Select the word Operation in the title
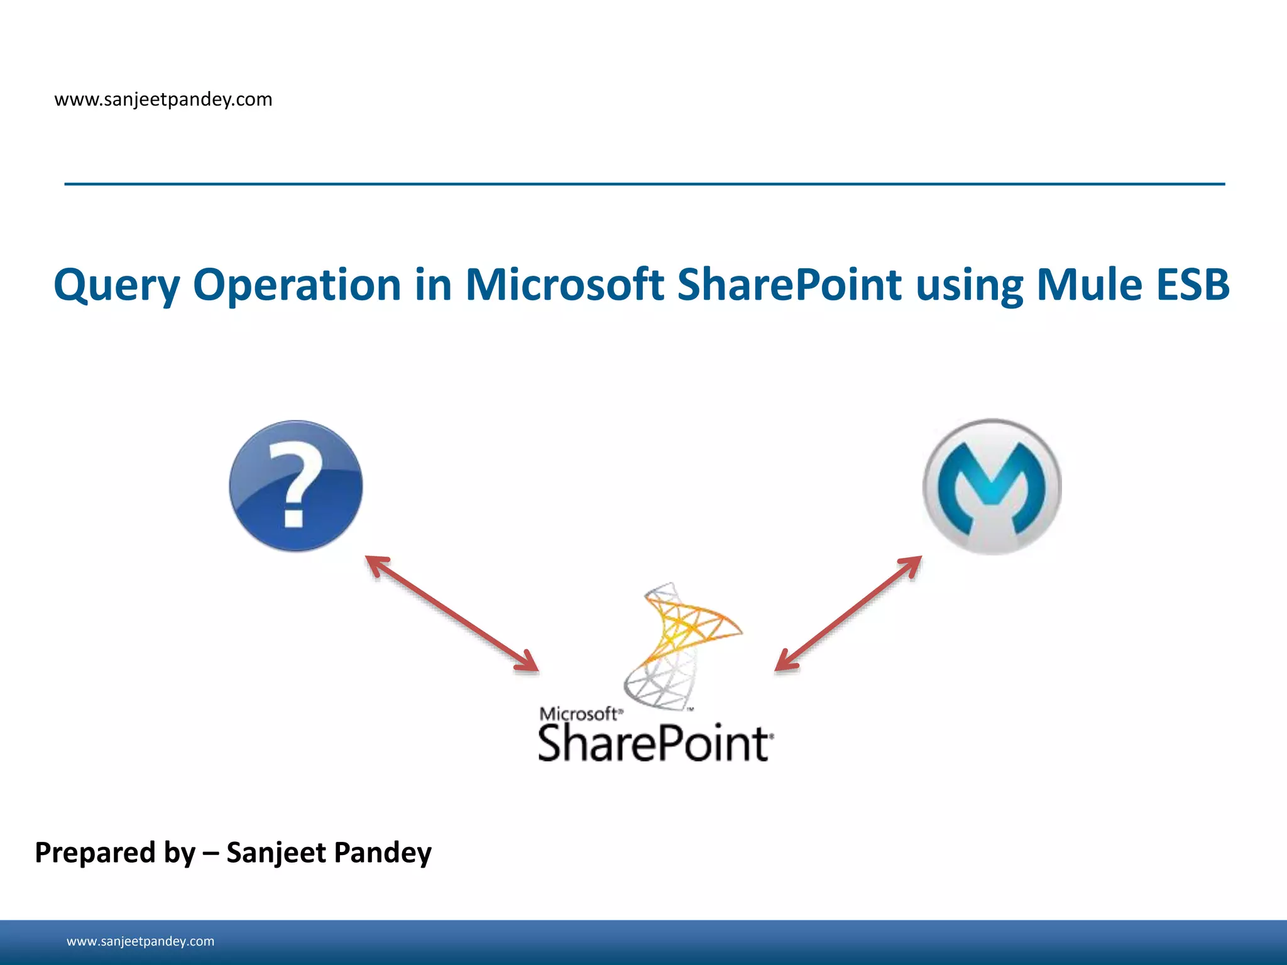pos(297,285)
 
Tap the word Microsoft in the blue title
pos(564,285)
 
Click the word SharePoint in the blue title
pos(789,285)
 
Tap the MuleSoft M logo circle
pos(992,486)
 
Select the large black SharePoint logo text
pos(654,744)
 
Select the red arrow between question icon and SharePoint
pos(452,614)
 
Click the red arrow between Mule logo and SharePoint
pos(848,614)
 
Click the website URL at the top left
pos(163,99)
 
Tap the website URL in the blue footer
pos(140,941)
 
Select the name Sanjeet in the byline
pos(276,853)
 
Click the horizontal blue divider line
pos(644,184)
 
